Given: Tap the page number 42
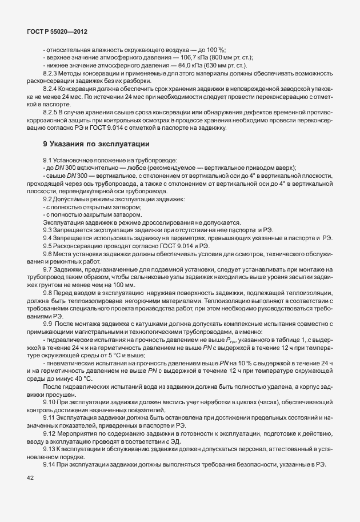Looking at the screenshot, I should click(x=31, y=483).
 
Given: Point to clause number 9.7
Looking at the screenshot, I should click(x=48, y=269).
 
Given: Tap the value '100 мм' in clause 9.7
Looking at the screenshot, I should click(x=125, y=285).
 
